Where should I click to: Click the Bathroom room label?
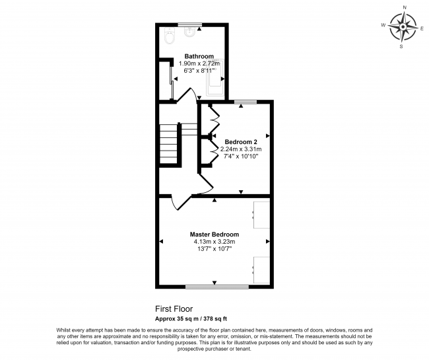199,56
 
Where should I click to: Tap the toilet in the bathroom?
168,38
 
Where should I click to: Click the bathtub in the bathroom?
216,73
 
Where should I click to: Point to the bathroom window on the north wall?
189,26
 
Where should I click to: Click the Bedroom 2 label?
240,141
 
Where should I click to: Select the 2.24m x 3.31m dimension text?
240,149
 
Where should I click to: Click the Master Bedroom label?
214,234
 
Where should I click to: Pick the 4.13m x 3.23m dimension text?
214,242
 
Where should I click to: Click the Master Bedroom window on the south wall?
217,287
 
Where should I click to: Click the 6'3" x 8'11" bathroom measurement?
199,71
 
